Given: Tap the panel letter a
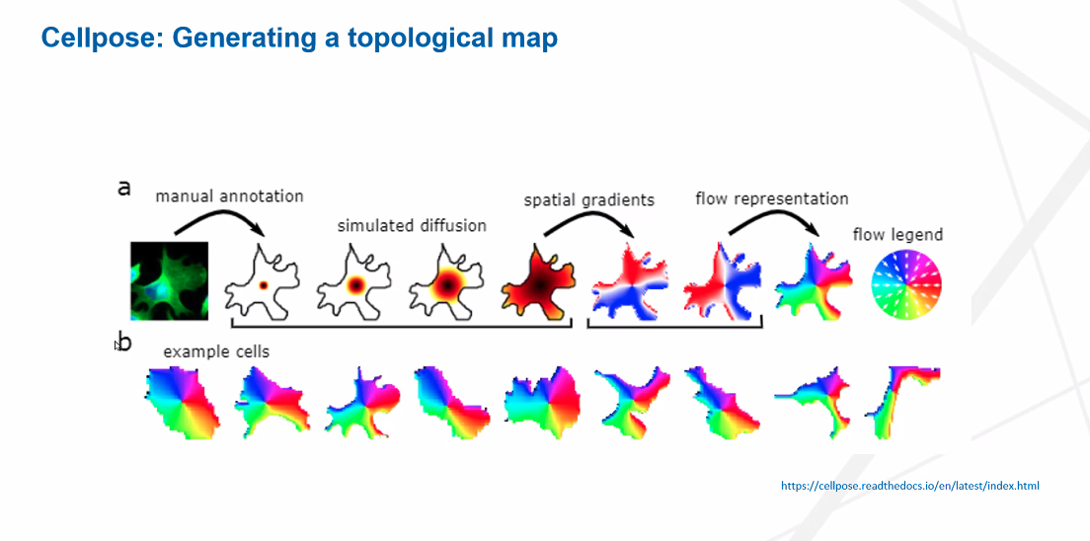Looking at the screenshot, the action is (124, 188).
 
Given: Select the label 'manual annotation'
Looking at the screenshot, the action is (229, 196).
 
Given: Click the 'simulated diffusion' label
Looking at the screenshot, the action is (412, 226).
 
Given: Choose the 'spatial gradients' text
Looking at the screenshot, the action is (589, 200).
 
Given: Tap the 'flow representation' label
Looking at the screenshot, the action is (772, 199).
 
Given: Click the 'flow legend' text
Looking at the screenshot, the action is (897, 235).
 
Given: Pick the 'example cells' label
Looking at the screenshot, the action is (216, 352).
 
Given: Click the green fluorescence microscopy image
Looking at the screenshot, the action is (170, 281).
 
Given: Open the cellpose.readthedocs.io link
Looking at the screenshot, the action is (910, 486).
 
